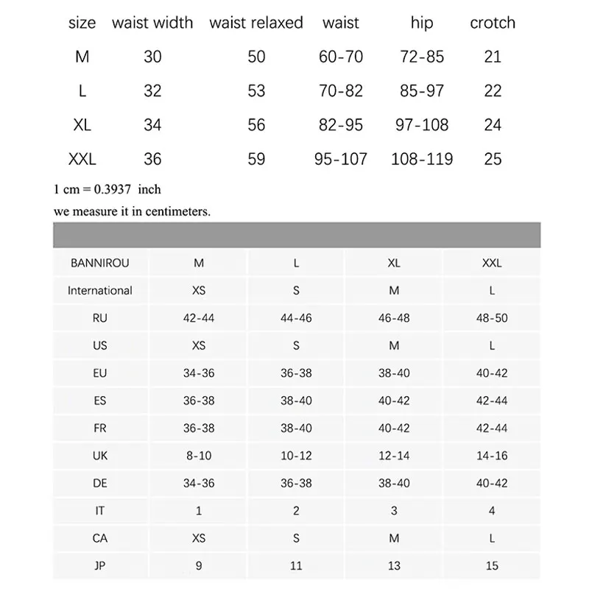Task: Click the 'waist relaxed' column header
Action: pos(255,23)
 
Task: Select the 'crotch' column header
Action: pos(493,23)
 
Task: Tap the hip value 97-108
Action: pos(422,125)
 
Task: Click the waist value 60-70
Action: pos(341,57)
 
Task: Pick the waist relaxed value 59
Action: pos(256,159)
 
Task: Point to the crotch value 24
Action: pos(493,125)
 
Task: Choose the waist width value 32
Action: pos(152,91)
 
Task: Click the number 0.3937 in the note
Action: pos(112,189)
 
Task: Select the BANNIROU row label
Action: pos(100,263)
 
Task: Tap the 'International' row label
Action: pos(100,290)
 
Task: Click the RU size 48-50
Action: pos(492,318)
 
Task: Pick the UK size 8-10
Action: pos(199,456)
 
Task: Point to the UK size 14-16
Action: pos(492,456)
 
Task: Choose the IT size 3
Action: pos(394,510)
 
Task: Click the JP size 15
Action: pos(492,565)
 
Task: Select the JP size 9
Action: pos(199,565)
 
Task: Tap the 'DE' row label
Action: pos(100,483)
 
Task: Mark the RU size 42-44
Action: pos(199,318)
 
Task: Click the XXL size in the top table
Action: pos(82,159)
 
